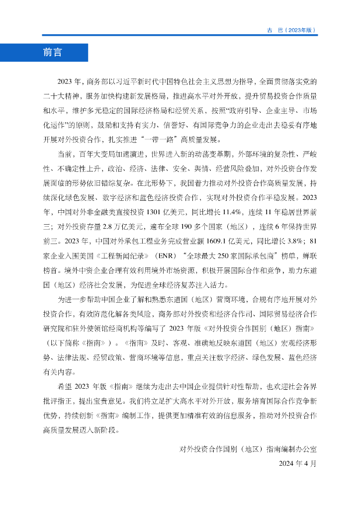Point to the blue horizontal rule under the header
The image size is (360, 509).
tap(180, 35)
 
